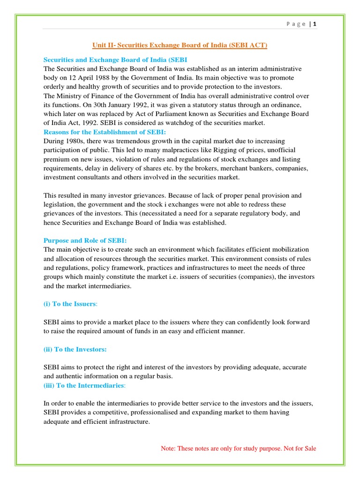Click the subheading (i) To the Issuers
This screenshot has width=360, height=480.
point(70,304)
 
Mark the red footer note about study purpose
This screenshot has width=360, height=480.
point(238,449)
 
